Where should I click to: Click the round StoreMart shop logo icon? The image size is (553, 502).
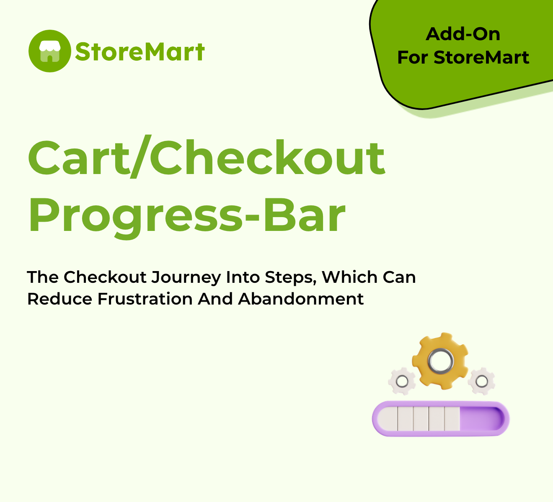[x=49, y=51]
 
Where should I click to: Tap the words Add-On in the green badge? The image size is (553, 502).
[x=463, y=34]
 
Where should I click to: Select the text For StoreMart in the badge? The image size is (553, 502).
[x=463, y=57]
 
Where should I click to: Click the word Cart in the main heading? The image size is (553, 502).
[x=79, y=158]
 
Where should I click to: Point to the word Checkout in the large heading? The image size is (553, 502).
[x=267, y=156]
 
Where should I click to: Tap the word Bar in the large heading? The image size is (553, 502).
[x=305, y=215]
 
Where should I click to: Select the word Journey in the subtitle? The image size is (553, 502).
[x=186, y=277]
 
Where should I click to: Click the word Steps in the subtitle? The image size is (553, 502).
[x=290, y=278]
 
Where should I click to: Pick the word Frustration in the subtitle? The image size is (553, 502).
[x=145, y=299]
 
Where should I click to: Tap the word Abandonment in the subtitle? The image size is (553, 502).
[x=301, y=299]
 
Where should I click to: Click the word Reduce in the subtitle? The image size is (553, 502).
[x=59, y=299]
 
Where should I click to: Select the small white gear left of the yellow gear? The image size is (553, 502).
[x=402, y=381]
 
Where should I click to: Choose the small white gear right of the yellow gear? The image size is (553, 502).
[x=481, y=381]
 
